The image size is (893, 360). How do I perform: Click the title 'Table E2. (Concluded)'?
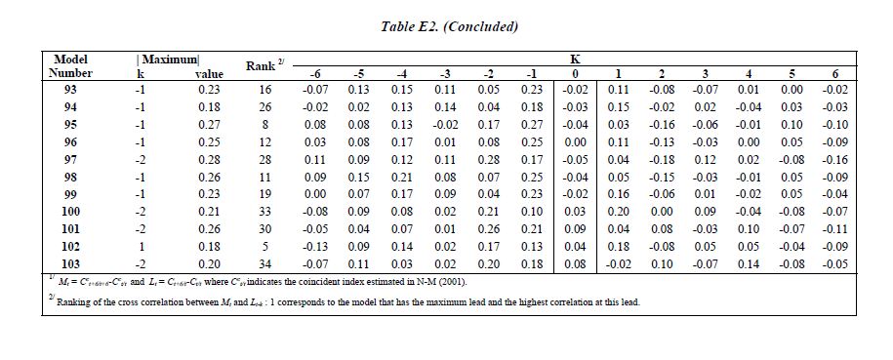click(x=449, y=27)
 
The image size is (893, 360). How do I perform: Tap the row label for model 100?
click(x=70, y=212)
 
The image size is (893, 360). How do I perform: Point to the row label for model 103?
click(x=70, y=263)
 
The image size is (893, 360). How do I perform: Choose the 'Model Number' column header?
click(x=70, y=66)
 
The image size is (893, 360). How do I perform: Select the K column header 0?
click(x=575, y=73)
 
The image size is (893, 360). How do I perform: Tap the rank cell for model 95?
click(x=265, y=124)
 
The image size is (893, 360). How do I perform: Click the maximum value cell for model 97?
click(x=209, y=159)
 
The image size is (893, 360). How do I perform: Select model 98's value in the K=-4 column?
click(x=401, y=177)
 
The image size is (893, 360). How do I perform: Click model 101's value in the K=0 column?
click(x=575, y=229)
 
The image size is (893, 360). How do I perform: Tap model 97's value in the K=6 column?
click(x=834, y=159)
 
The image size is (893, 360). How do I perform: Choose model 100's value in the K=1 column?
click(x=618, y=212)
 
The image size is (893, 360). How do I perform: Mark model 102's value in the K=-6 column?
click(x=314, y=247)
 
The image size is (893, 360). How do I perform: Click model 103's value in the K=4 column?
click(x=749, y=263)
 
